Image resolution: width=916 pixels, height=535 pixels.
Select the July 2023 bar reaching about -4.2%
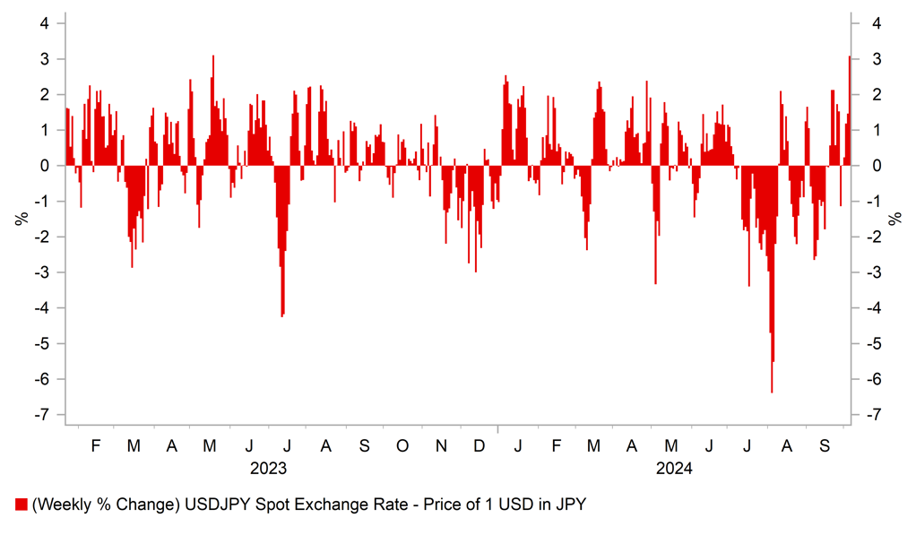tap(282, 287)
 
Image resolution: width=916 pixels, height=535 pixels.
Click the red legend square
tap(21, 505)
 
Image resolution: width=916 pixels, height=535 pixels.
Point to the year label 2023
tap(269, 468)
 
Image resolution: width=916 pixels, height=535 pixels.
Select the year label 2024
tap(674, 468)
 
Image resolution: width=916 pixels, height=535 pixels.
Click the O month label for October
tap(402, 445)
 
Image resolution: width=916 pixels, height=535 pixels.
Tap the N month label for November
tap(440, 445)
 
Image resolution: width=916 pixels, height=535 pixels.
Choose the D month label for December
tap(480, 445)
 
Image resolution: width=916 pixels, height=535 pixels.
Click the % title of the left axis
tap(19, 218)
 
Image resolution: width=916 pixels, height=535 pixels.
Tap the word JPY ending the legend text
tap(571, 505)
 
